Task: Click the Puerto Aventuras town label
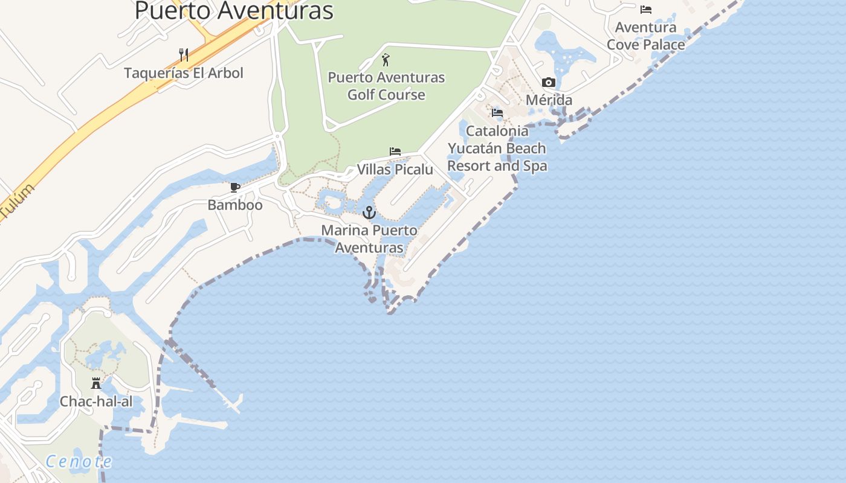coord(234,11)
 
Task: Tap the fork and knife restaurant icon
coord(184,55)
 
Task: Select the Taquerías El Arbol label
coord(184,73)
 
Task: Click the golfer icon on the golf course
coord(386,60)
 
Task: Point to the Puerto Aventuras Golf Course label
coord(386,86)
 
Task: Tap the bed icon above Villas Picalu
coord(395,152)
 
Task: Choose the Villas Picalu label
coord(395,170)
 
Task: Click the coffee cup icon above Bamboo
coord(235,187)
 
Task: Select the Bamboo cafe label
coord(235,205)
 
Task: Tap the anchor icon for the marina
coord(369,213)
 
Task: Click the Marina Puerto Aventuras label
coord(369,239)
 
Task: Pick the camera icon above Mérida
coord(549,83)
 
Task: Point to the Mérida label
coord(549,100)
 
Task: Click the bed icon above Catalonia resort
coord(497,113)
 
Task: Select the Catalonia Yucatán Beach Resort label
coord(497,149)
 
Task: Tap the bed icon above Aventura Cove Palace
coord(646,10)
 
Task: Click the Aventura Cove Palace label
coord(646,36)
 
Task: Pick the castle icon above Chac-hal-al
coord(95,383)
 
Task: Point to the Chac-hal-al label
coord(95,401)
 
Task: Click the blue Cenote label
coord(79,462)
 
